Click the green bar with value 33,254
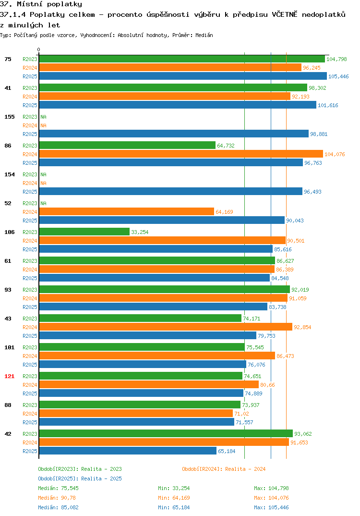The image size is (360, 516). tap(84, 232)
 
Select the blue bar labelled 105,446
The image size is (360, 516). tap(183, 76)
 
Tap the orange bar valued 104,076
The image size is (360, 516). tap(181, 154)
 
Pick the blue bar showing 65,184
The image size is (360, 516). tap(128, 451)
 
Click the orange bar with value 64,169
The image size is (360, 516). tap(127, 211)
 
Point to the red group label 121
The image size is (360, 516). tap(10, 376)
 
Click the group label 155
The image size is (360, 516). tap(10, 117)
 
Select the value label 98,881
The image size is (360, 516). tap(319, 134)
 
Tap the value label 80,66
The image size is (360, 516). tap(268, 385)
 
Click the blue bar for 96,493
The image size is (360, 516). tap(170, 192)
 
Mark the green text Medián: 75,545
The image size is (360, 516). tap(58, 488)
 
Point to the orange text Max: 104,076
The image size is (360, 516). tap(271, 498)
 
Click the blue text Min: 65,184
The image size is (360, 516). tap(174, 507)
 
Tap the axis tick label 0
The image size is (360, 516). tap(39, 49)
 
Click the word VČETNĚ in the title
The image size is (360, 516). tap(284, 14)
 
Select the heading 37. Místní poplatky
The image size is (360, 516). tap(41, 4)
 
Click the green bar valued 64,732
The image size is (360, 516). tap(127, 145)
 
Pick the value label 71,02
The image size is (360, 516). tap(241, 414)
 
